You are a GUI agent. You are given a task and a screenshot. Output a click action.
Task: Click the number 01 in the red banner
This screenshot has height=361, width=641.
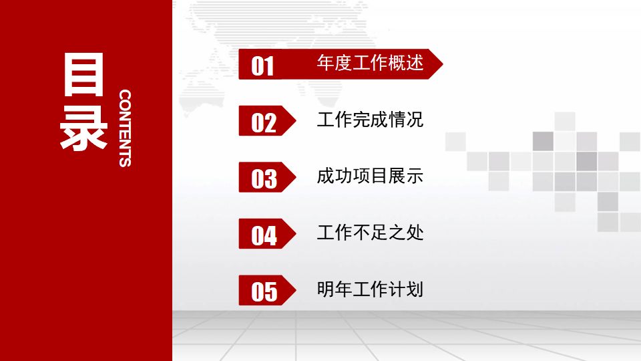263,66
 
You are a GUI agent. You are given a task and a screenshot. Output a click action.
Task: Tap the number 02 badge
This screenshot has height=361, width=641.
264,122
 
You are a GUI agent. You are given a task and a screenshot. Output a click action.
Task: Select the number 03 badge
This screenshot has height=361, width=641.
264,178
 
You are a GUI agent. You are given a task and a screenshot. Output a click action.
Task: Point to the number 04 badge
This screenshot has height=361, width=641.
264,235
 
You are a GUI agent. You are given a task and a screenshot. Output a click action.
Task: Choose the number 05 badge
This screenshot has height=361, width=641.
264,291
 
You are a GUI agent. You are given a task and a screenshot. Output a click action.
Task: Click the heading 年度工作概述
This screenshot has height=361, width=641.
370,64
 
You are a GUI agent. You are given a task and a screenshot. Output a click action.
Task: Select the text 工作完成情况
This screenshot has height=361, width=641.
370,120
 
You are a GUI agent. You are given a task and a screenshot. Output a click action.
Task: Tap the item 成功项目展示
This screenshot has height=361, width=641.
370,176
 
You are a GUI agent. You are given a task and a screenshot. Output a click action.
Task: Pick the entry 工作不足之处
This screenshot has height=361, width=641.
370,233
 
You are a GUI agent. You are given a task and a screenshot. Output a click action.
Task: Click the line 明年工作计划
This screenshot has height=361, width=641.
370,289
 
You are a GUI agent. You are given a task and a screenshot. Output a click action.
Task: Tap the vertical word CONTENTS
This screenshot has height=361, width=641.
125,128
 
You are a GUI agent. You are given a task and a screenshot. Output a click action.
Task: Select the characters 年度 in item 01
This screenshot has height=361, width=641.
333,64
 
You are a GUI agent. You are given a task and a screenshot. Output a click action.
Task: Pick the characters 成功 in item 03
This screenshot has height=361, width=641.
333,176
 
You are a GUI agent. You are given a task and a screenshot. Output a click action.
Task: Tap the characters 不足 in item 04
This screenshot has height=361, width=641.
370,233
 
